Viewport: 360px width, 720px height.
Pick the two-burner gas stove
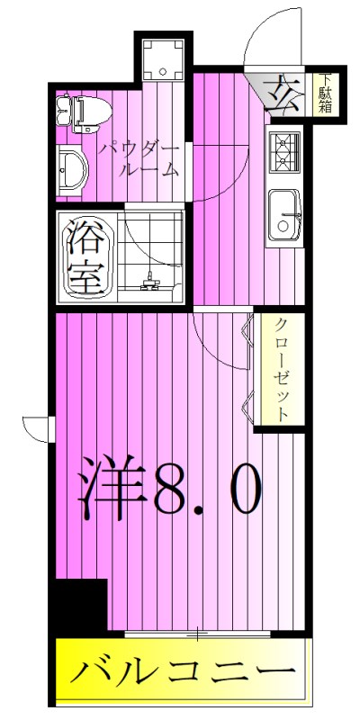coord(285,150)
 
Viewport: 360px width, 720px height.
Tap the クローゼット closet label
coord(281,369)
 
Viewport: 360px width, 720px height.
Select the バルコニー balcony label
coord(184,671)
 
